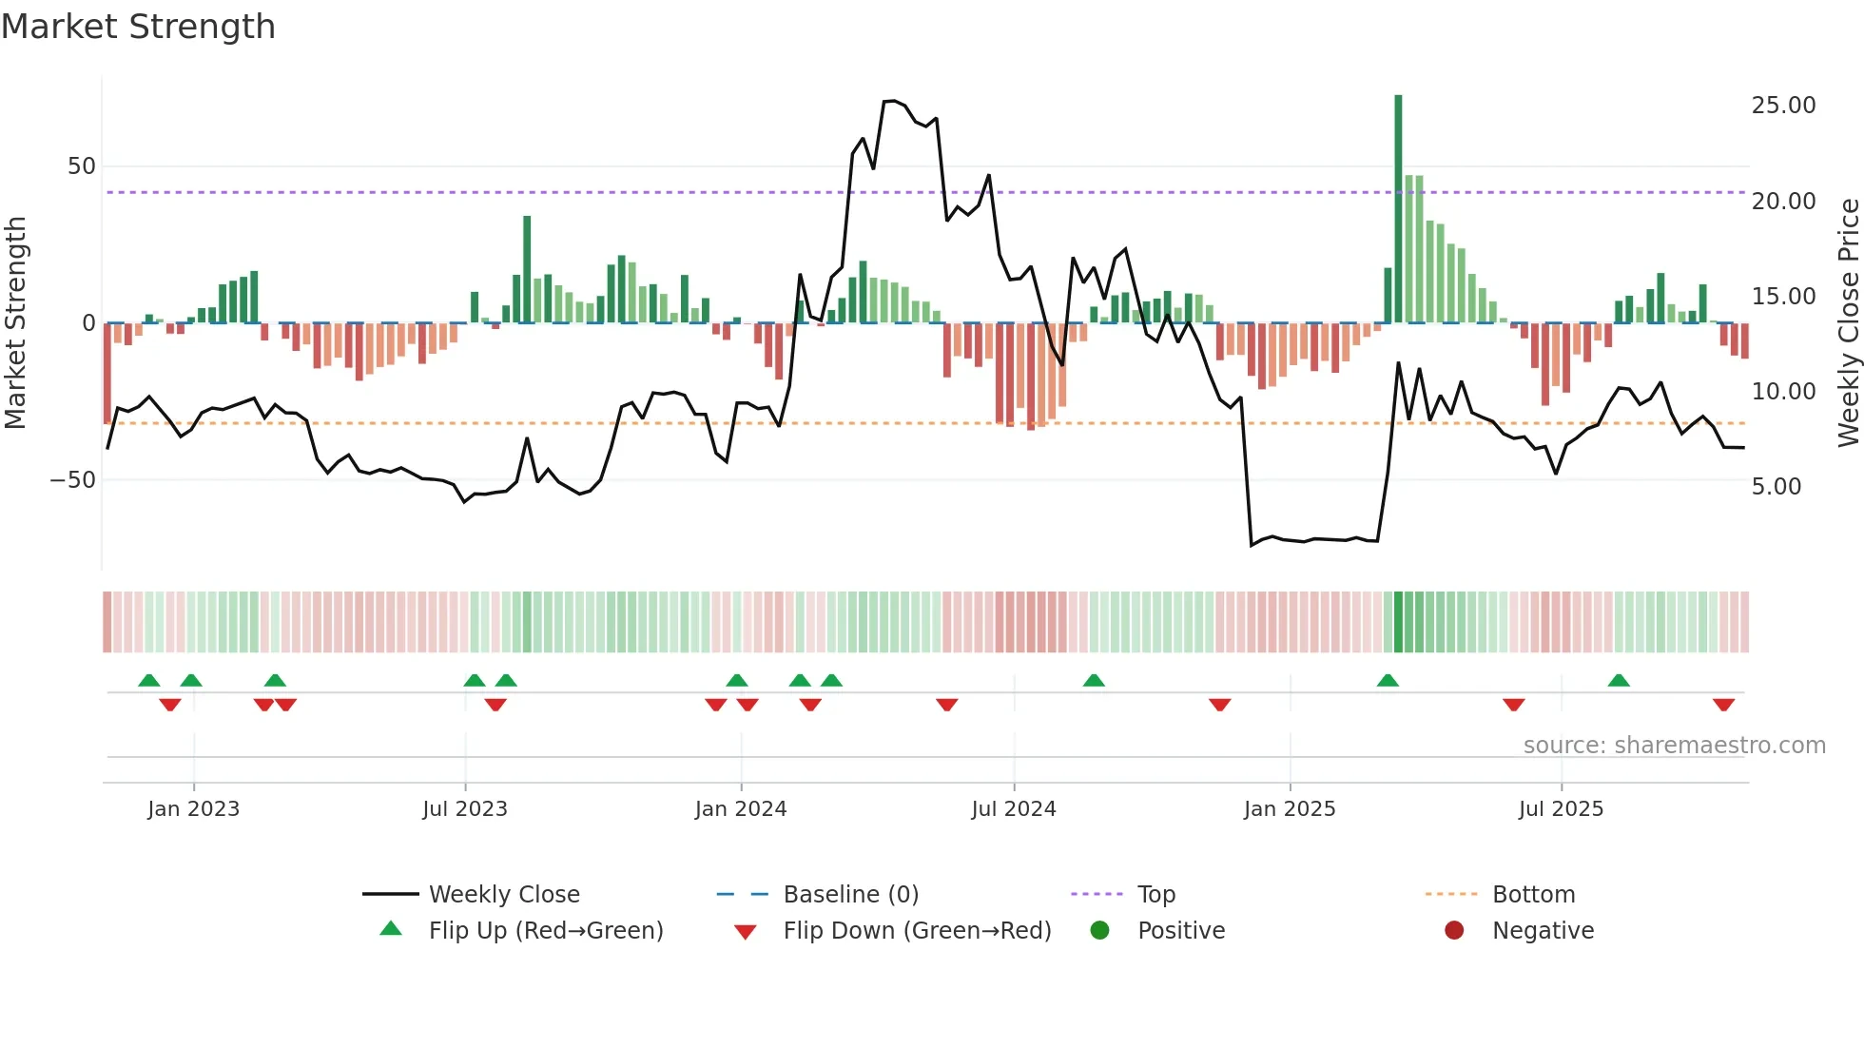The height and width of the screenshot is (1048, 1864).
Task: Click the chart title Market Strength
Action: [138, 27]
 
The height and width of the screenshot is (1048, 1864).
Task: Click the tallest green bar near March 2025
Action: [1398, 209]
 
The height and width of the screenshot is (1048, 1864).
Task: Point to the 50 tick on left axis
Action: [82, 166]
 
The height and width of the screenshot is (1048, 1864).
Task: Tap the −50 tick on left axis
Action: [73, 480]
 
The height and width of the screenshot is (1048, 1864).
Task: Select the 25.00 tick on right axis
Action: [1783, 106]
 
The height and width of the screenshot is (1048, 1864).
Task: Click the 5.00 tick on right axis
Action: [1776, 487]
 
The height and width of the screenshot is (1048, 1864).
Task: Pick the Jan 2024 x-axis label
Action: [741, 809]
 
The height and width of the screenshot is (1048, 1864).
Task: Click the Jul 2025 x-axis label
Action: [1561, 809]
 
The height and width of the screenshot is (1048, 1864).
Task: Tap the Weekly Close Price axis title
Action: [1848, 323]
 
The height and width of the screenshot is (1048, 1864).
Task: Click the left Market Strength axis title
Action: [15, 323]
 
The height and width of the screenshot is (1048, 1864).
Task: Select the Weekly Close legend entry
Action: [504, 895]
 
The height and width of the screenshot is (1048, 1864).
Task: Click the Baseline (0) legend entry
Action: [850, 895]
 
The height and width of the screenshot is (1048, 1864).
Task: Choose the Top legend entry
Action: [1156, 895]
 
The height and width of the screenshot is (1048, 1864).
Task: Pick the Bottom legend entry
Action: [1533, 895]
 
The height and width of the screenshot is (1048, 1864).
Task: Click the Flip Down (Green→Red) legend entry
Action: [917, 931]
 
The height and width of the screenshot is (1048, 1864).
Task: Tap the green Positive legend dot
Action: [1099, 931]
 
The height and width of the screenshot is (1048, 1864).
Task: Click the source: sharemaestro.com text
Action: [1674, 746]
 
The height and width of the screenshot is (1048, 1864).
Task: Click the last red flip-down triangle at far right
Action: [1723, 705]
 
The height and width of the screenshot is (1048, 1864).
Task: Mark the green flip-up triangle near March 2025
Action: [1388, 681]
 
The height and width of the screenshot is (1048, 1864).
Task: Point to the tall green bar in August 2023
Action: [527, 270]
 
